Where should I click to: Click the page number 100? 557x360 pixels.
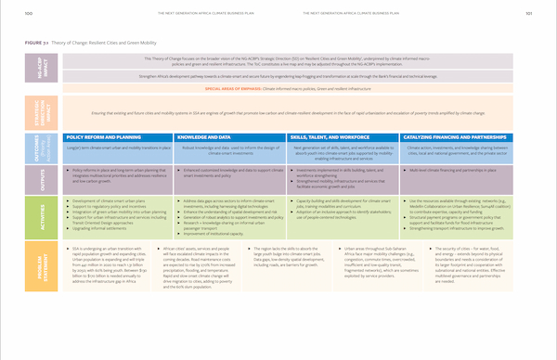[29, 13]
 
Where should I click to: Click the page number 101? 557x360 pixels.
[527, 13]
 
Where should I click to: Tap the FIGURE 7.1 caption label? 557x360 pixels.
[42, 43]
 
